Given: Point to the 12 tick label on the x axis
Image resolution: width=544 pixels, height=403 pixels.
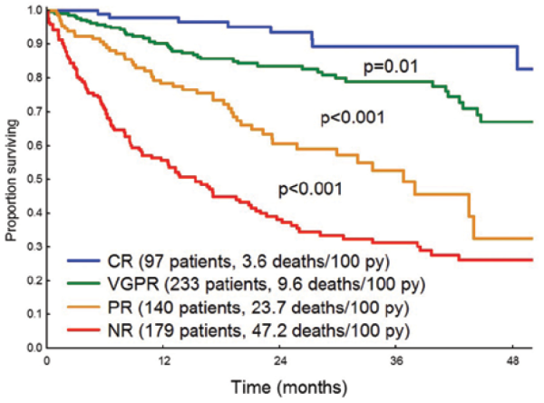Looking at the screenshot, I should pyautogui.click(x=165, y=361).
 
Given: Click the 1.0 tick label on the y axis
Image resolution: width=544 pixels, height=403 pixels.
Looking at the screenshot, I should pyautogui.click(x=33, y=10).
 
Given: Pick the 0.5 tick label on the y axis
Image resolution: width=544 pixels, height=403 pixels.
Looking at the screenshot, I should pyautogui.click(x=33, y=179).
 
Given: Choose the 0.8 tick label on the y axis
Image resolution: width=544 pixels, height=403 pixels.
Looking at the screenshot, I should pyautogui.click(x=33, y=78).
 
